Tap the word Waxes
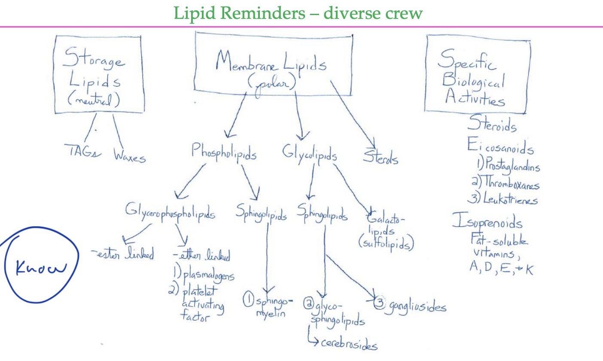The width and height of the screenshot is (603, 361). click(x=129, y=156)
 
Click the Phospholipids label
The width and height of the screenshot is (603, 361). click(x=224, y=152)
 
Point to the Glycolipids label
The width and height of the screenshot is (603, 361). click(x=309, y=153)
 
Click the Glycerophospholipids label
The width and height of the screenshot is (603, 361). click(x=170, y=211)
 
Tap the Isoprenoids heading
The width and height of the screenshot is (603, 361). click(x=487, y=222)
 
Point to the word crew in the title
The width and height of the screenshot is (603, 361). click(x=403, y=13)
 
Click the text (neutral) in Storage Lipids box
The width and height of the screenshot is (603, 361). click(x=94, y=100)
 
